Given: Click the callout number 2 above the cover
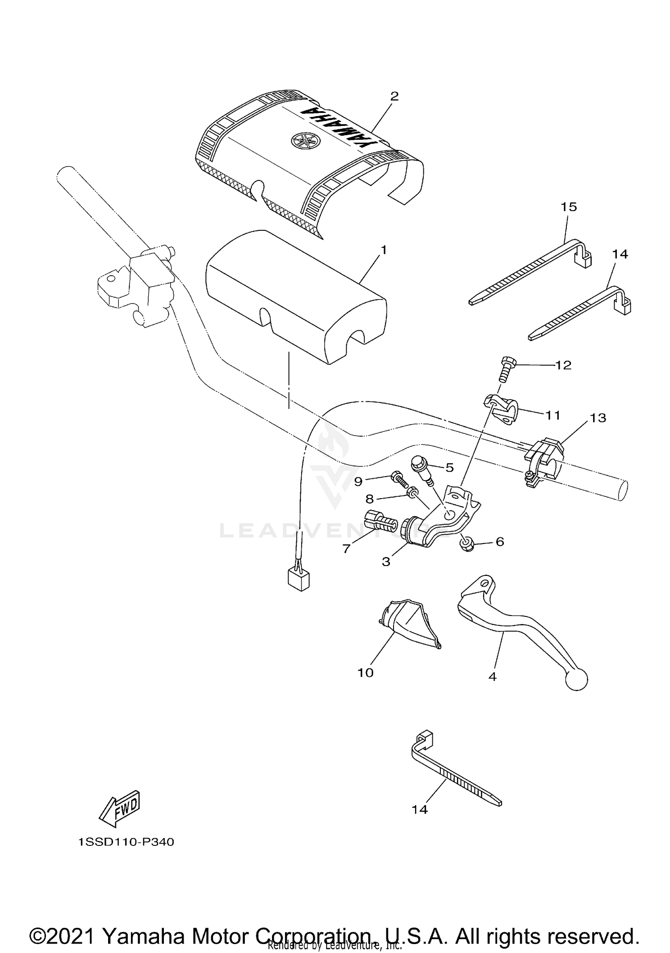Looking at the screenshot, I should tap(394, 96).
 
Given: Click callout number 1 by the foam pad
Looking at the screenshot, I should tap(383, 250).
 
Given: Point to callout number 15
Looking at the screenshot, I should tap(569, 207).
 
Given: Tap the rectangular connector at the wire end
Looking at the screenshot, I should tap(299, 580).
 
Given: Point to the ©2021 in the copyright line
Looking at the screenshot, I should tap(63, 923).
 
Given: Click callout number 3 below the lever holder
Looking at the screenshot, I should tap(386, 562).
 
